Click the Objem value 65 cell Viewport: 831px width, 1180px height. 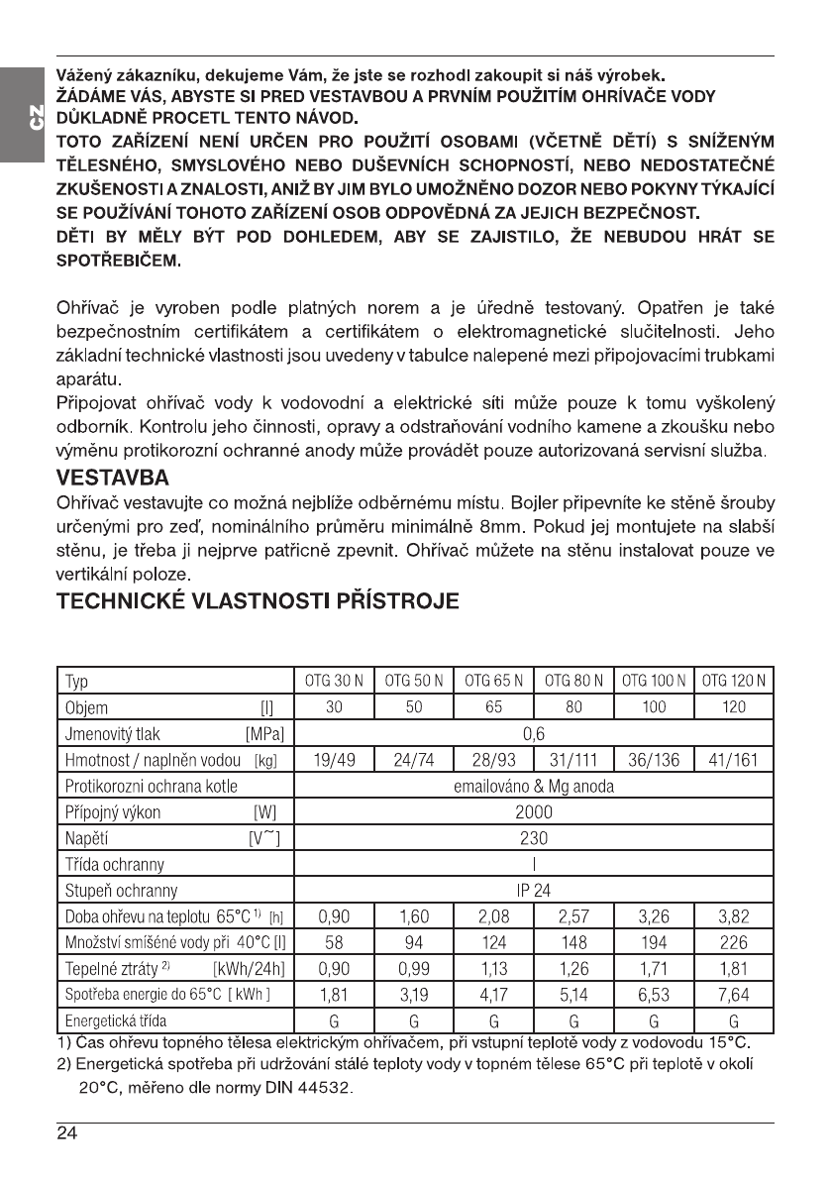pos(493,708)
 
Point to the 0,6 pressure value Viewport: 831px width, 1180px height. pos(535,734)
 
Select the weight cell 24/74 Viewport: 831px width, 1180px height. pos(414,761)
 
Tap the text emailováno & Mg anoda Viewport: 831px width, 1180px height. pos(535,787)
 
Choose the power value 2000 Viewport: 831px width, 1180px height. pos(535,812)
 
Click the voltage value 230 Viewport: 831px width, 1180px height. pos(535,838)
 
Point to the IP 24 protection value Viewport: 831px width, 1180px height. pos(535,890)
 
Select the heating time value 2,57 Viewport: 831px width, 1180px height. pos(573,916)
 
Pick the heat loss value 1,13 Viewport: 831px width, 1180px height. pos(493,968)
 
